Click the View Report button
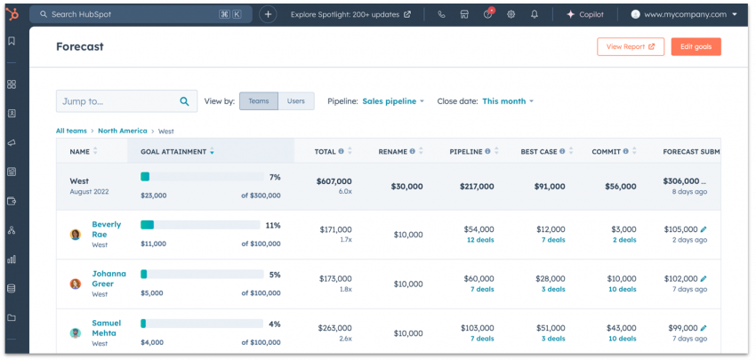coord(630,47)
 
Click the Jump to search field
coord(116,101)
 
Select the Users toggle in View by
coord(296,101)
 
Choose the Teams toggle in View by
coord(259,101)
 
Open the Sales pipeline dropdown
coord(393,101)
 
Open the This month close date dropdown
coord(508,101)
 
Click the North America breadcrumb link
coord(123,131)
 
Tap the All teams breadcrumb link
coord(71,131)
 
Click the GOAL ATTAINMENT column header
coord(173,152)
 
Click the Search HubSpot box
coord(133,14)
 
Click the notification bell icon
coord(535,14)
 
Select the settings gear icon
coord(511,14)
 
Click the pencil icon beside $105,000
coord(704,229)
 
